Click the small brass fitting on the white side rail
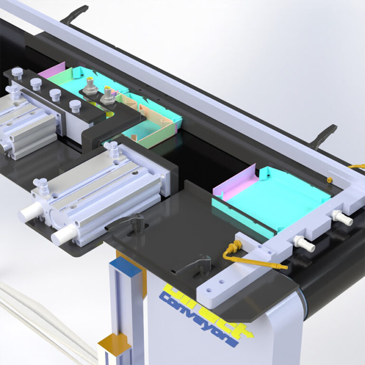coord(329,180)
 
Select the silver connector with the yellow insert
coord(107,97)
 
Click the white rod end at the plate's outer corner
coord(64,234)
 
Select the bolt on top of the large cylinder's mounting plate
coord(113,148)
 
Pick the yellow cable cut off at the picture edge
coord(356,167)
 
